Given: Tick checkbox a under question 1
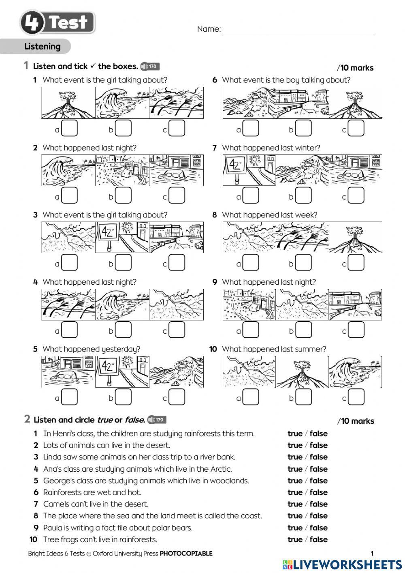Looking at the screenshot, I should [69, 129].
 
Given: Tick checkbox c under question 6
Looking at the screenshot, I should [356, 129].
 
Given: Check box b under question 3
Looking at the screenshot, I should [123, 263].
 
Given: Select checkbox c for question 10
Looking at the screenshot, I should [356, 397].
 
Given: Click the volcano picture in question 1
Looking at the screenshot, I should [68, 103].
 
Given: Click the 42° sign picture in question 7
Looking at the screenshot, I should [249, 170].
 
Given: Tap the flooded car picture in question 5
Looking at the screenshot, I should [68, 372].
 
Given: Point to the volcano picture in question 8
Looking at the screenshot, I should [355, 238].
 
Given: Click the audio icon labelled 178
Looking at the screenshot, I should [150, 67].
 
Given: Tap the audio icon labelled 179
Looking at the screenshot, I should [157, 420].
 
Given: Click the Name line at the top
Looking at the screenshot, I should [298, 29].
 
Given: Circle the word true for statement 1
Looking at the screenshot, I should [295, 434].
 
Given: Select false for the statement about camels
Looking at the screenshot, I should [318, 504].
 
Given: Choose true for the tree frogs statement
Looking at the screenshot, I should [295, 539].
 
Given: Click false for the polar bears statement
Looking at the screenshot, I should [318, 528].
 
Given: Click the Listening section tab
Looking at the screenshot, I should [42, 46].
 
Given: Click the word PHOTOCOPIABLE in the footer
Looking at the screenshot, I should [186, 553].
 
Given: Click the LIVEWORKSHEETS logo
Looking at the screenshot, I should [343, 565].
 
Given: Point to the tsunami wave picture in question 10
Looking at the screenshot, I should [355, 372].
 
